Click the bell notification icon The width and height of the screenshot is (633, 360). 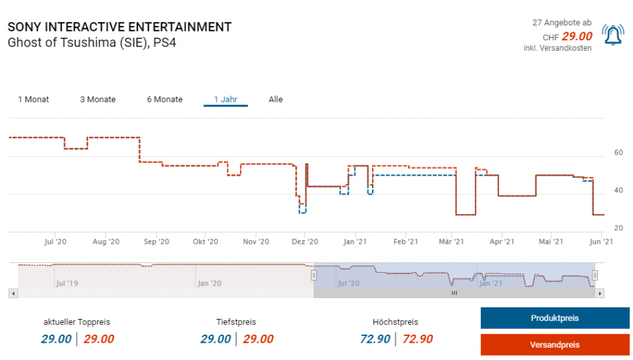click(x=613, y=35)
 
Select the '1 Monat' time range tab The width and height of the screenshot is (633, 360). click(x=33, y=100)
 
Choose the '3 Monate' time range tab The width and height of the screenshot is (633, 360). click(x=98, y=100)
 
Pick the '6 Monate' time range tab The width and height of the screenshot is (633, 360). click(x=164, y=100)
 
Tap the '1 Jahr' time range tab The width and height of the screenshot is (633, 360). click(x=226, y=100)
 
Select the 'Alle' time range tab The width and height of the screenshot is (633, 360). click(x=276, y=100)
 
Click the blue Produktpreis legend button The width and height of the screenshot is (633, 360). click(x=554, y=319)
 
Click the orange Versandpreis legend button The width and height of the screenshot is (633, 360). click(x=554, y=345)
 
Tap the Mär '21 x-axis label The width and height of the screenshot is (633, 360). click(x=454, y=242)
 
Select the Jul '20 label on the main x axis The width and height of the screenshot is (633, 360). click(x=56, y=242)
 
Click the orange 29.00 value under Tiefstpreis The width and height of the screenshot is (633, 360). click(x=258, y=339)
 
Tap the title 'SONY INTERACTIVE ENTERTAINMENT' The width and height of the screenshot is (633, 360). click(x=119, y=27)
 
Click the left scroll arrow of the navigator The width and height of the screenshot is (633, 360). click(x=12, y=293)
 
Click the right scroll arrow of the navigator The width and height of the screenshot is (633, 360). click(x=599, y=293)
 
